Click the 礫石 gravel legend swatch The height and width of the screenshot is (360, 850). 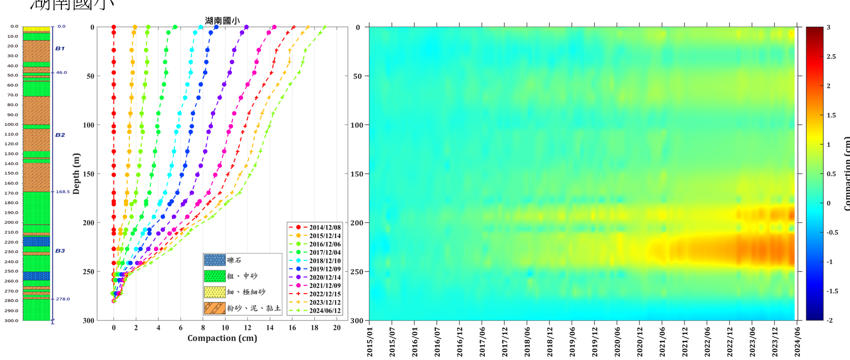tap(215, 260)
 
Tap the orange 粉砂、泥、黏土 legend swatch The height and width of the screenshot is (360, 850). tap(215, 308)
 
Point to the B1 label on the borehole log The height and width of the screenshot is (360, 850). tap(60, 48)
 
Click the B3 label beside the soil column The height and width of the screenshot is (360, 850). tap(60, 251)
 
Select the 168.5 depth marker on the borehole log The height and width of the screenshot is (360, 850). tap(62, 191)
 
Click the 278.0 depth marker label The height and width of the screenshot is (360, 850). tap(62, 299)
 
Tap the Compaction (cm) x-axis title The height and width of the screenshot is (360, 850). tap(222, 338)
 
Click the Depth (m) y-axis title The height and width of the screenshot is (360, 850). tap(76, 174)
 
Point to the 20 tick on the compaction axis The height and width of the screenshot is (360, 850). tap(337, 328)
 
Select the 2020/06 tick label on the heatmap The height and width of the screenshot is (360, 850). tap(618, 342)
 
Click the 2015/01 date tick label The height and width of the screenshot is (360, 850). tap(370, 342)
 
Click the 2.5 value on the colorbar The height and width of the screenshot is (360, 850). tap(831, 56)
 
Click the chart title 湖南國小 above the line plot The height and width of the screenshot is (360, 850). tap(222, 21)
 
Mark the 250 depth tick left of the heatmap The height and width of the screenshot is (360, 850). tap(356, 271)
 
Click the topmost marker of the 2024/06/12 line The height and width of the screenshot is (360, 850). tap(324, 27)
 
